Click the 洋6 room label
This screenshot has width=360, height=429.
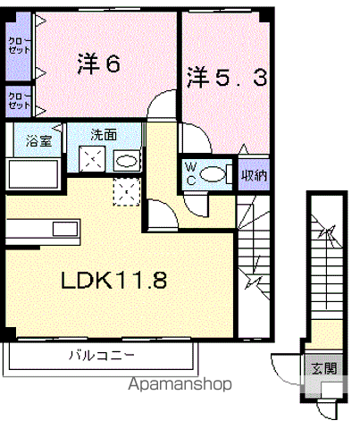pyautogui.click(x=99, y=63)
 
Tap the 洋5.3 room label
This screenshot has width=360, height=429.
pyautogui.click(x=227, y=78)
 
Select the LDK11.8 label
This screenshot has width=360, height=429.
pyautogui.click(x=113, y=280)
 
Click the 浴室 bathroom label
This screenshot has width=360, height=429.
pyautogui.click(x=38, y=140)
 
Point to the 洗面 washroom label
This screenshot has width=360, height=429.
pyautogui.click(x=104, y=135)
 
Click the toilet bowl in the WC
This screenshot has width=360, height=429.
pyautogui.click(x=213, y=174)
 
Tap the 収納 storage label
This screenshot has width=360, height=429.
pyautogui.click(x=254, y=176)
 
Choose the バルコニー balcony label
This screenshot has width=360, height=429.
pyautogui.click(x=102, y=355)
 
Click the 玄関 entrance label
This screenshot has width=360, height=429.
pyautogui.click(x=324, y=368)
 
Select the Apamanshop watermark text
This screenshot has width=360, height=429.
pyautogui.click(x=180, y=384)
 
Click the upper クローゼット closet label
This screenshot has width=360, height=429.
pyautogui.click(x=19, y=46)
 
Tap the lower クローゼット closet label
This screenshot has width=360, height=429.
pyautogui.click(x=19, y=101)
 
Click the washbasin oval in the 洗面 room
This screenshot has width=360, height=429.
pyautogui.click(x=127, y=161)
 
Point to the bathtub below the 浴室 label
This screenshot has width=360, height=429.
pyautogui.click(x=33, y=174)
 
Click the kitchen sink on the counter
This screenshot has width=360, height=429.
pyautogui.click(x=65, y=230)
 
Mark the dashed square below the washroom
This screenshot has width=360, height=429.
pyautogui.click(x=127, y=192)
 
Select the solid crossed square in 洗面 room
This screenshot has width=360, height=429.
pyautogui.click(x=92, y=159)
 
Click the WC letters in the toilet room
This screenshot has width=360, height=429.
pyautogui.click(x=190, y=173)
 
